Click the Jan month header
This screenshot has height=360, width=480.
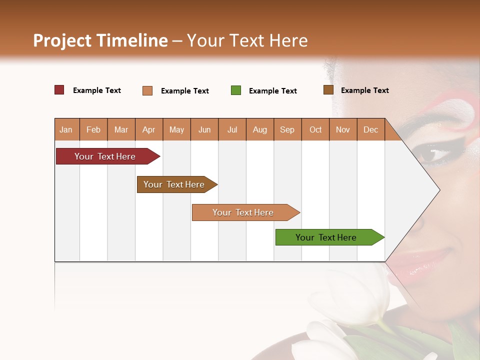[x=66, y=129]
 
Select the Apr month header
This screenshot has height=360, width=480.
[x=148, y=129]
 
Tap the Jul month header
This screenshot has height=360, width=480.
[x=232, y=129]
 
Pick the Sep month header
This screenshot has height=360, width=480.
[x=287, y=129]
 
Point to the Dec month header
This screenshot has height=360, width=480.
[x=370, y=129]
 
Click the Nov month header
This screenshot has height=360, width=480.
[x=342, y=129]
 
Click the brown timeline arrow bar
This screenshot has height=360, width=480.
[x=175, y=184]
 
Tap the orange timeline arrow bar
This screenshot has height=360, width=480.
[x=243, y=212]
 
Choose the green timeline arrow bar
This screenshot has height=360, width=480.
[x=327, y=237]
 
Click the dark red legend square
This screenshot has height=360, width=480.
[x=59, y=90]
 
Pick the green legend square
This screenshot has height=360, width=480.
[x=236, y=90]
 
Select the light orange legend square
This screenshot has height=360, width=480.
[x=147, y=90]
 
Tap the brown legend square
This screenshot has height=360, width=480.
[x=328, y=90]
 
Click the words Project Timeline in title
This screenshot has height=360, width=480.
[x=100, y=40]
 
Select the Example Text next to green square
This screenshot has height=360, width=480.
[x=272, y=91]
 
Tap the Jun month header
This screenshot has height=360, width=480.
[x=204, y=129]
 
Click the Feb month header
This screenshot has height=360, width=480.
[x=93, y=129]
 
